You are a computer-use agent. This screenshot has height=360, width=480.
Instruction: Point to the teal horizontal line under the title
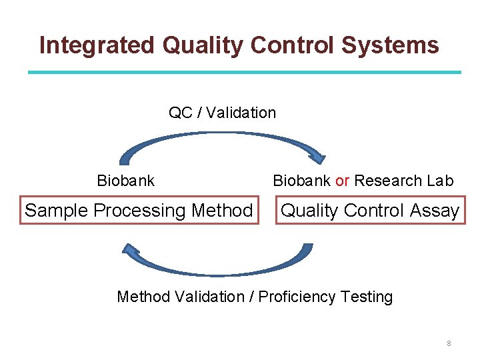[244, 72]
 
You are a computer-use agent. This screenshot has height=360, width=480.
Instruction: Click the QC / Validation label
[222, 113]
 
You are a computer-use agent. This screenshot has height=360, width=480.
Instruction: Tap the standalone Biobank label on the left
[125, 181]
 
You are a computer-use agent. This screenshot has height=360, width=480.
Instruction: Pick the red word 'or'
[342, 181]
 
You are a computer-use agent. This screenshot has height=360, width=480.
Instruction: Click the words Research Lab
[404, 181]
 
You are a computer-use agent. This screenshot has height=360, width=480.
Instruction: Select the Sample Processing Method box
[139, 211]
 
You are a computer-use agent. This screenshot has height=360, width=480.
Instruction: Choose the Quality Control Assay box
[370, 211]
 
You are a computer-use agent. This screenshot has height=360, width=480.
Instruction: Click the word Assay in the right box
[434, 211]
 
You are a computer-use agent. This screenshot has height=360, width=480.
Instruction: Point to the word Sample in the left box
[57, 211]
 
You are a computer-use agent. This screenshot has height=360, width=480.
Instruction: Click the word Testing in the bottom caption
[367, 297]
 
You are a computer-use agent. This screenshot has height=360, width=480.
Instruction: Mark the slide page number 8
[449, 343]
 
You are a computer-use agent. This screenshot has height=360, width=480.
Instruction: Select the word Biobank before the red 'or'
[301, 181]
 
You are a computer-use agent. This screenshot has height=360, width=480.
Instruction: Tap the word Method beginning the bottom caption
[143, 297]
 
